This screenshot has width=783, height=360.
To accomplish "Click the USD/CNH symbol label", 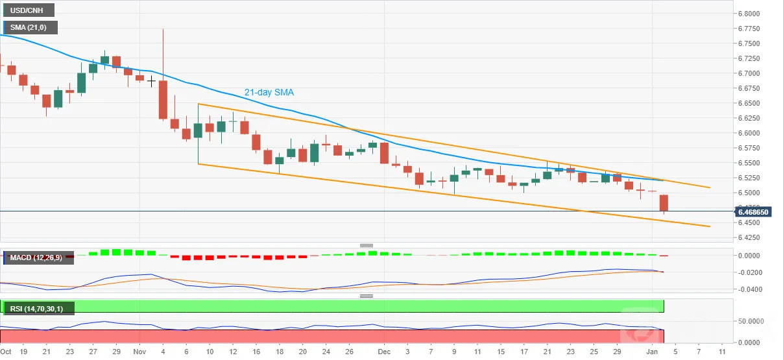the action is coord(27,10).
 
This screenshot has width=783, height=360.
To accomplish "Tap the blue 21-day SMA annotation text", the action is coord(269,92).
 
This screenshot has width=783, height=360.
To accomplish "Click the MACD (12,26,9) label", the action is coord(36,258).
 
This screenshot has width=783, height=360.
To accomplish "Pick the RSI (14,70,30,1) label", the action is coord(36,309).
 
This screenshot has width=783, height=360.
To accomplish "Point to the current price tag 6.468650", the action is coord(753,212).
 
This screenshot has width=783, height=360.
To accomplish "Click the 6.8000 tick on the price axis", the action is coord(749,14).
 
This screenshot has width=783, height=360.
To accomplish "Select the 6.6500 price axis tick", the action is coord(749,103).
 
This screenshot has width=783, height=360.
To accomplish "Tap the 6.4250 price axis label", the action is coord(749,237).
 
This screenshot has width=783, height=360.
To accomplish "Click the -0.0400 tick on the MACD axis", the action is coord(750,289).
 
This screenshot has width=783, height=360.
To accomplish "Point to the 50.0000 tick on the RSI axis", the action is coord(751,321).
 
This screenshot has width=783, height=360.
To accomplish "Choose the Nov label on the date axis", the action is coord(139,352).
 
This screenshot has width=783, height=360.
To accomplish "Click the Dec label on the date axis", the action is coord(384,352).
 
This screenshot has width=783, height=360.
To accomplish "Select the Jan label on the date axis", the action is coord(652,352).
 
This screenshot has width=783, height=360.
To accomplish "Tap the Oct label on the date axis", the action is coord(6,352).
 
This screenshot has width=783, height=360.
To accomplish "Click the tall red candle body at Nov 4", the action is coord(163,100).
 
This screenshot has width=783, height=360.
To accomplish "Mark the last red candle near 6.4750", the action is coord(664,203).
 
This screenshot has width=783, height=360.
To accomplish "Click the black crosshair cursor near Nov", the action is coord(151,82).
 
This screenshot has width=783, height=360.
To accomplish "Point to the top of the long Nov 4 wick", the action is coord(163,29).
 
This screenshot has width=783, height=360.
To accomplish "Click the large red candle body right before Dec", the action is coord(384,153).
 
